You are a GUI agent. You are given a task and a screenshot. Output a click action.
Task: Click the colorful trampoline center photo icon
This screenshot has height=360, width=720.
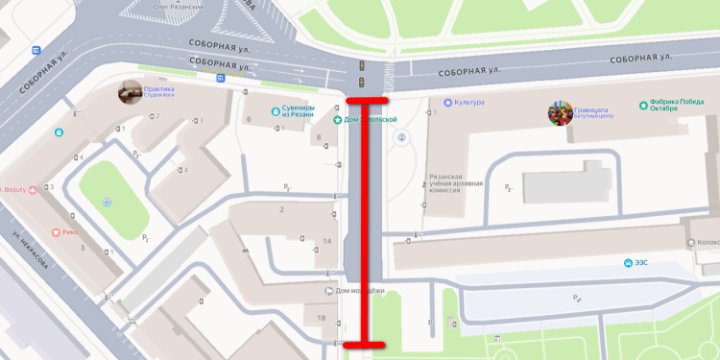(559, 114)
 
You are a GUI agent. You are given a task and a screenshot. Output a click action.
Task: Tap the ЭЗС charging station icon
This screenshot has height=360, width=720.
(628, 263)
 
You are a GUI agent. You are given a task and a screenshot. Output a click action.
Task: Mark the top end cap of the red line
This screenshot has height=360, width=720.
(367, 100)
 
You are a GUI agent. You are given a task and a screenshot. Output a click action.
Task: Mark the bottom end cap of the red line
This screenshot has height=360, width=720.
(365, 345)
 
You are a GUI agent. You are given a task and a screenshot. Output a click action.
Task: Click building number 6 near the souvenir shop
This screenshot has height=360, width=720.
(249, 119)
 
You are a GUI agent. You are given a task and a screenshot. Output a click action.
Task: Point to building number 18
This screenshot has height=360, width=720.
(321, 318)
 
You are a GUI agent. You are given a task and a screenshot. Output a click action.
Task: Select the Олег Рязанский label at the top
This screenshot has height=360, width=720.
(167, 5)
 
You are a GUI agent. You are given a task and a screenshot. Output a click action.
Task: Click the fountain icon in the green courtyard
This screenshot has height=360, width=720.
(108, 202)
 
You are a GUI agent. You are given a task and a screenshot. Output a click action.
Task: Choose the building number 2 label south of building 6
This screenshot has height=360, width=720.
(282, 208)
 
